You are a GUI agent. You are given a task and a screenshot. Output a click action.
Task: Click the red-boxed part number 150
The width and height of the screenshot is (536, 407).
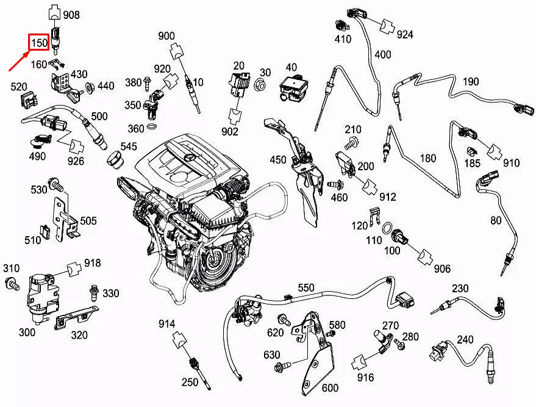click(x=39, y=43)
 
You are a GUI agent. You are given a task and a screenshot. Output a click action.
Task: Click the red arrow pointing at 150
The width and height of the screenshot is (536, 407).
click(x=19, y=60)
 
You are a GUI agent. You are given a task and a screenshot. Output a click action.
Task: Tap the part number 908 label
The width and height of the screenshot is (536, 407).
click(x=71, y=15)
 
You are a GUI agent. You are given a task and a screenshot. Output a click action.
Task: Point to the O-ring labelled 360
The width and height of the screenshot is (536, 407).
click(x=152, y=127)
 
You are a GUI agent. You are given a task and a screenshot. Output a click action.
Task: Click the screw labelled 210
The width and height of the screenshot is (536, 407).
click(x=351, y=143)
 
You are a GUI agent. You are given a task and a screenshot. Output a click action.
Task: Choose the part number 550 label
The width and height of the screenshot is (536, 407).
click(x=306, y=287)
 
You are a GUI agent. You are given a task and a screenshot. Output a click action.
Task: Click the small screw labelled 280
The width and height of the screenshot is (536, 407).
click(x=399, y=344)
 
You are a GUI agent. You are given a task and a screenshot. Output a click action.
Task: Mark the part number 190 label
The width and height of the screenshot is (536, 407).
click(x=471, y=82)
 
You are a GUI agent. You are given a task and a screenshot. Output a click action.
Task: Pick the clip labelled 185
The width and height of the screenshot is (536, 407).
click(x=472, y=151)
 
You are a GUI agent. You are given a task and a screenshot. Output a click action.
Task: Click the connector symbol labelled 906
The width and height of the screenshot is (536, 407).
click(x=426, y=257)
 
